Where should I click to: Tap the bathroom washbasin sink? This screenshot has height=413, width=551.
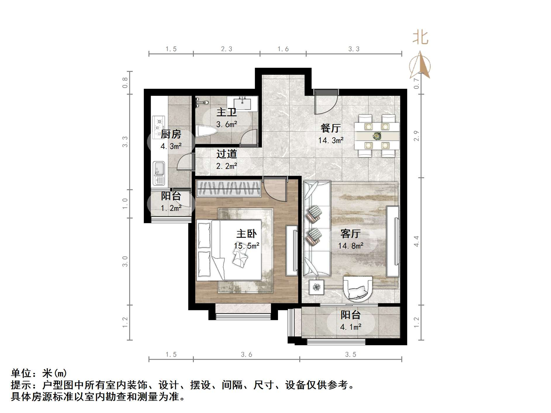pyautogui.click(x=242, y=104)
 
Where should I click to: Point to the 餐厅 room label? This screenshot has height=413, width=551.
pyautogui.click(x=331, y=128)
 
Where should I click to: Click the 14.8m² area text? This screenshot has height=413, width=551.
pyautogui.click(x=350, y=246)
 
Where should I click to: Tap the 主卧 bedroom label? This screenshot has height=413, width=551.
pyautogui.click(x=246, y=234)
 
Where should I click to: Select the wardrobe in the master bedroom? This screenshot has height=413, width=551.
pyautogui.click(x=229, y=188)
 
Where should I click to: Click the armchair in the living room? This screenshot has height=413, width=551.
pyautogui.click(x=357, y=289)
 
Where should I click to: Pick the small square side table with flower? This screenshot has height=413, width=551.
pyautogui.click(x=316, y=287)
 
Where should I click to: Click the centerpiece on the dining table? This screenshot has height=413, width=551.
pyautogui.click(x=377, y=136)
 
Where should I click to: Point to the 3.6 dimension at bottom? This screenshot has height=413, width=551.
pyautogui.click(x=246, y=355)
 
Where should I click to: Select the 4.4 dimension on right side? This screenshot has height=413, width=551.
pyautogui.click(x=416, y=241)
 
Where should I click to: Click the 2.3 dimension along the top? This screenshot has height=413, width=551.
pyautogui.click(x=226, y=49)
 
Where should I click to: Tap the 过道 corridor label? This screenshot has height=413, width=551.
pyautogui.click(x=226, y=154)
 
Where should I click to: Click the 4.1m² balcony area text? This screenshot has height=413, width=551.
pyautogui.click(x=350, y=327)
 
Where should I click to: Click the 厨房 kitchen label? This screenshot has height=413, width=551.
pyautogui.click(x=171, y=134)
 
